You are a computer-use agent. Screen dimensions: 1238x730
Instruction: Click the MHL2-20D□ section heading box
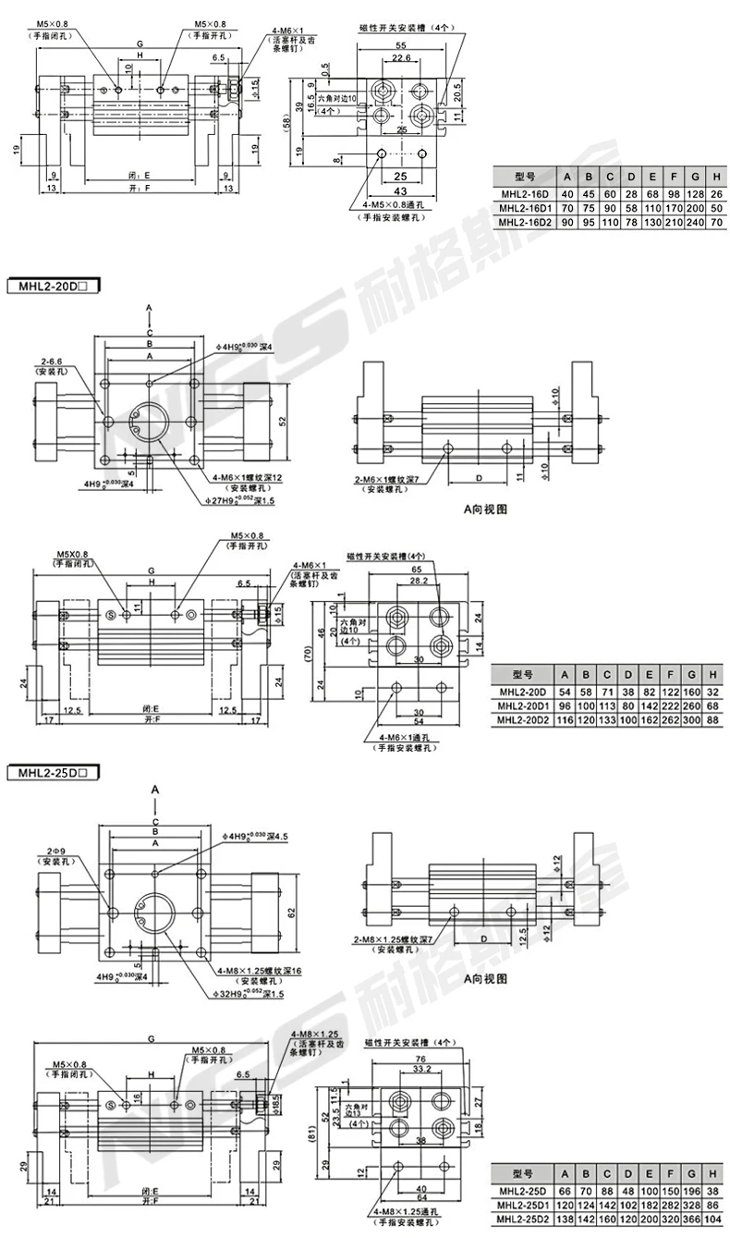(53, 287)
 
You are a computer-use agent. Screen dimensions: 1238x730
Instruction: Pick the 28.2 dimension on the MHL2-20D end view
(419, 582)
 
